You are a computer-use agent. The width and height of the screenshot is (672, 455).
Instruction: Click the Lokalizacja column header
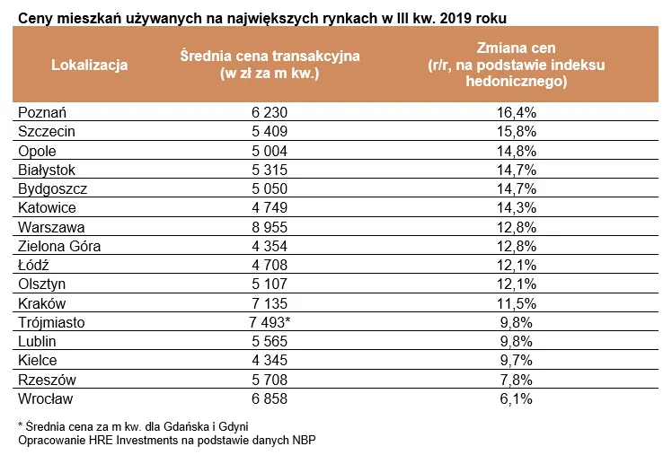[x=90, y=65]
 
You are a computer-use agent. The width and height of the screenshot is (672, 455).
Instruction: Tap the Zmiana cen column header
[x=516, y=64]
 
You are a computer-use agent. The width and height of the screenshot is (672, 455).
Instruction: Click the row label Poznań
[x=43, y=112]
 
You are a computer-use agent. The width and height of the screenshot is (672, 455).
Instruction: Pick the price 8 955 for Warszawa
[x=270, y=226]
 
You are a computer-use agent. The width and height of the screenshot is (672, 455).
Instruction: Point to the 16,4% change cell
[x=517, y=112]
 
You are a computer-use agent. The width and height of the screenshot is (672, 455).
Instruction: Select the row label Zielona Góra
[x=59, y=246]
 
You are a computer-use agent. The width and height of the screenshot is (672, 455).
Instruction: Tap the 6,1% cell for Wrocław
[x=517, y=398]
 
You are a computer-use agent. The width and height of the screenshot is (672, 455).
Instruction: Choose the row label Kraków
[x=42, y=303]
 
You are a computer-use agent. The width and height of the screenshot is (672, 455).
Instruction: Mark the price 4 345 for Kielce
[x=270, y=360]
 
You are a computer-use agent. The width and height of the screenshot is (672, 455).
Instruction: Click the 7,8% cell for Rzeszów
[x=517, y=380]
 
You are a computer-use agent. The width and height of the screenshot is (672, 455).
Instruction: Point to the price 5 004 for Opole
[x=270, y=151]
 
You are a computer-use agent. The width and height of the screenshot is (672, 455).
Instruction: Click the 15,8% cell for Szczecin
[x=517, y=131]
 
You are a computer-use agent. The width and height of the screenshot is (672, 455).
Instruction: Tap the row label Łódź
[x=37, y=265]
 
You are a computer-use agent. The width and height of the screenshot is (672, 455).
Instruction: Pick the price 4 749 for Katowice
[x=270, y=207]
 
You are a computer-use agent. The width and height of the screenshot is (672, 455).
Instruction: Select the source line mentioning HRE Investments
[x=167, y=440]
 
